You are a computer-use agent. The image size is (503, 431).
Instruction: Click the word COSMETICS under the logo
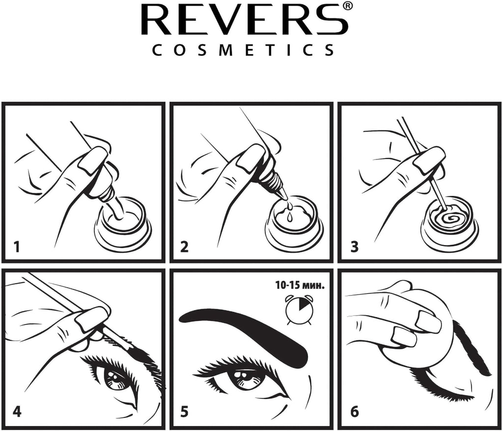244,50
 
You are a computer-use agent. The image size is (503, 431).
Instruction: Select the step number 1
17,246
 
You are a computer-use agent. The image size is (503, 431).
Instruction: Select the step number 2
184,246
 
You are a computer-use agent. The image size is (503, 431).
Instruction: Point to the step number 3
354,246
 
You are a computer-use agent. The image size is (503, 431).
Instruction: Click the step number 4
17,411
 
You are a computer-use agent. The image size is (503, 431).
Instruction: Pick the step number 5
184,411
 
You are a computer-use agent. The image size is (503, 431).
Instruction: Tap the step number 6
354,411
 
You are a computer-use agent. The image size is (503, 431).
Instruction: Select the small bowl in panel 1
123,223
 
